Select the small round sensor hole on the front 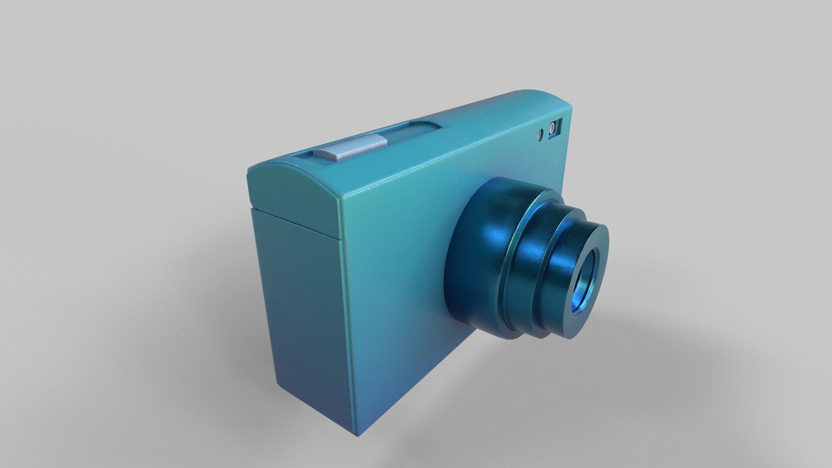pyautogui.click(x=540, y=135)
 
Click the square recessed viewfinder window pyautogui.click(x=555, y=129)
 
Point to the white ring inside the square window pyautogui.click(x=552, y=128)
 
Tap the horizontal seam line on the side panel pyautogui.click(x=295, y=223)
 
